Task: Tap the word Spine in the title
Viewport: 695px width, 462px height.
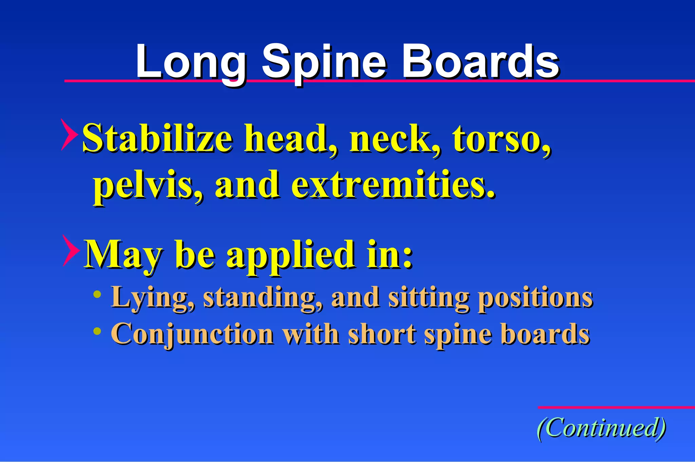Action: pyautogui.click(x=324, y=63)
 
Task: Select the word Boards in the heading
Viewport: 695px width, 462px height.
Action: pyautogui.click(x=480, y=62)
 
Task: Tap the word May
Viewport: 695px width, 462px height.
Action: pyautogui.click(x=123, y=255)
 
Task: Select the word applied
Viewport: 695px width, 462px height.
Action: pyautogui.click(x=290, y=255)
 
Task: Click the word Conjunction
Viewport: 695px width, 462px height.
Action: pyautogui.click(x=192, y=334)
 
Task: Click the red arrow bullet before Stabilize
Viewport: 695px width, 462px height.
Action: pyautogui.click(x=69, y=135)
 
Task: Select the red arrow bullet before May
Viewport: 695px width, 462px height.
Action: pyautogui.click(x=71, y=251)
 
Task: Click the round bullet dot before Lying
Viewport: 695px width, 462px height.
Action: pyautogui.click(x=97, y=294)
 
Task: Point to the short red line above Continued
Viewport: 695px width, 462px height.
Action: pyautogui.click(x=616, y=407)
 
